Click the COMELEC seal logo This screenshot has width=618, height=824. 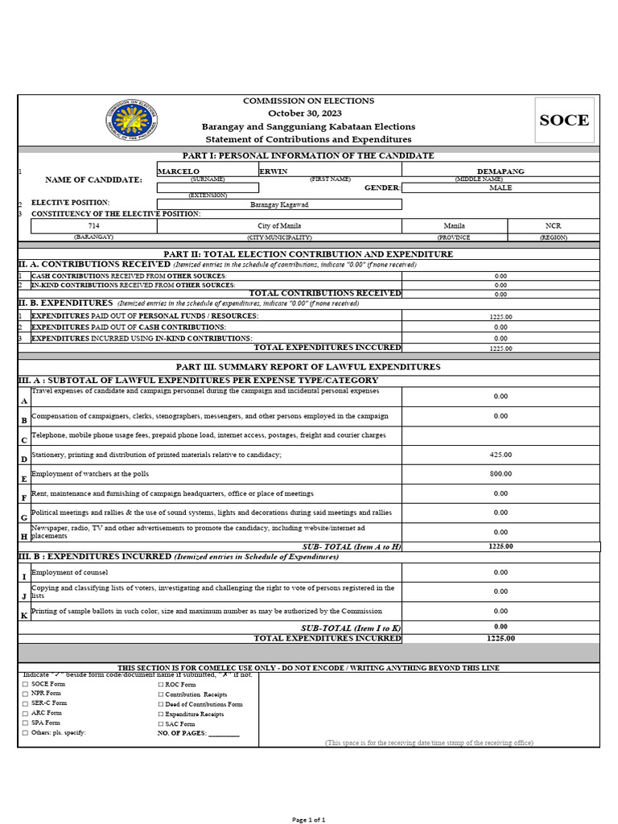coord(132,121)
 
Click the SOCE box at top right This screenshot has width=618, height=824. coord(564,121)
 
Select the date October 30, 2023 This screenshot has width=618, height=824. coord(308,113)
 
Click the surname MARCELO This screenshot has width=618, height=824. coord(179,171)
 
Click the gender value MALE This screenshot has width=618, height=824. coord(501,187)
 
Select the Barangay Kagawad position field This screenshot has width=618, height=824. coord(279,204)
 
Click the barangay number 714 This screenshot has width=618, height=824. coord(94,226)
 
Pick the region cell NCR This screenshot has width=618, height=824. coord(554,226)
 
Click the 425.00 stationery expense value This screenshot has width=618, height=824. coord(501,455)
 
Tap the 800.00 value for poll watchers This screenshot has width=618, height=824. coord(501,474)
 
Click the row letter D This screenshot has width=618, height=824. coord(24,459)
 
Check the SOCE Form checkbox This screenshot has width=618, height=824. coord(25,684)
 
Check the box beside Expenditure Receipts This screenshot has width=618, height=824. coord(160,714)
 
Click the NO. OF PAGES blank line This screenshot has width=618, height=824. coord(224,733)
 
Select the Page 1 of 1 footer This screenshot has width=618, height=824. coord(308,819)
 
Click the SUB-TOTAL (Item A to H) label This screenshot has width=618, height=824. coord(351,546)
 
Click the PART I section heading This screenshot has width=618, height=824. coord(309,155)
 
